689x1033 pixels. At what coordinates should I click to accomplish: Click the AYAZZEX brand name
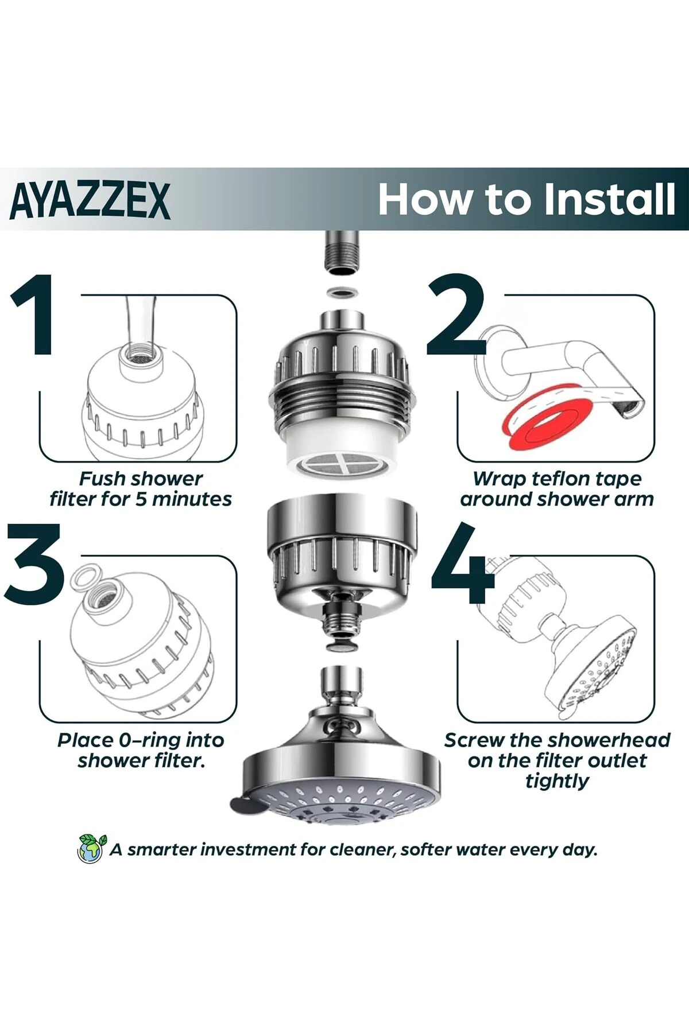(90, 200)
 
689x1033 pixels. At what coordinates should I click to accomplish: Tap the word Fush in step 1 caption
(100, 479)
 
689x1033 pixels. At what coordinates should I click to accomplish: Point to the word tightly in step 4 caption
(557, 781)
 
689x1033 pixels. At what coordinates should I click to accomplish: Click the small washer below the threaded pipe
(342, 294)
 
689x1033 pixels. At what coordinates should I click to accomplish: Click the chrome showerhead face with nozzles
(341, 798)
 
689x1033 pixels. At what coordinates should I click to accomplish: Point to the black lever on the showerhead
(244, 805)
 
